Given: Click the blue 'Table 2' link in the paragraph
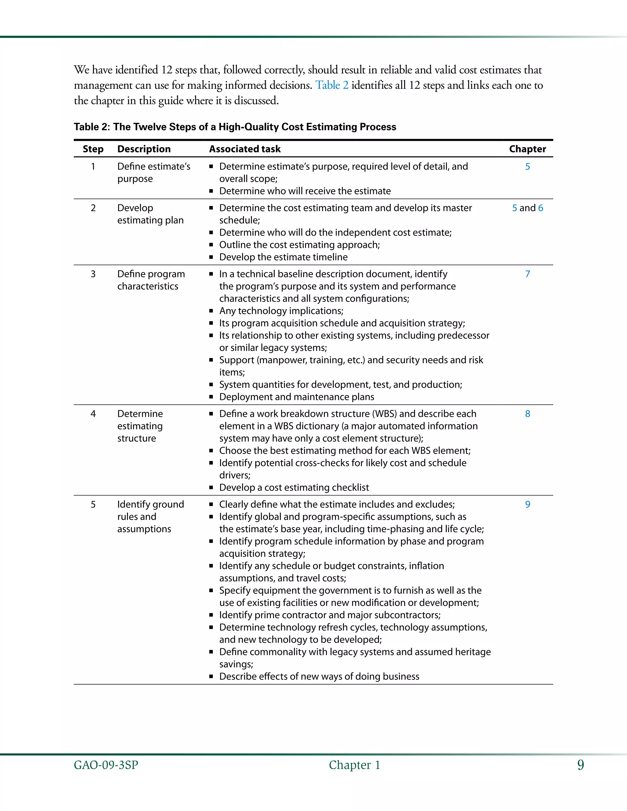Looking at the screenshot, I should coord(332,85).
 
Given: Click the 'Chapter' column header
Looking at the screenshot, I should coord(527,149).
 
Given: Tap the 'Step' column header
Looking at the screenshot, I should coord(93,149).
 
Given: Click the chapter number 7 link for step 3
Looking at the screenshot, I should coord(527,274).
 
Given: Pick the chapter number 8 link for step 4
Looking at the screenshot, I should coord(527,414).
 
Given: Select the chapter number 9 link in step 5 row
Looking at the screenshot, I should coord(527,504).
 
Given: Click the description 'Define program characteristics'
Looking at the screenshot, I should coord(151,280).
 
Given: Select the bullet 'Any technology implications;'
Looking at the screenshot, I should coord(281,311).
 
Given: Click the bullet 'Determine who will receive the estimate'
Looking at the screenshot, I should coord(305,191).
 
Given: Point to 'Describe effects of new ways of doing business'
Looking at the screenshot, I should coord(319,676).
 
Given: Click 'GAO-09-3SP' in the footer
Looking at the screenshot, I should coord(106,765).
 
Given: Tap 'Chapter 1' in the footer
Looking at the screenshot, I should coord(354,765).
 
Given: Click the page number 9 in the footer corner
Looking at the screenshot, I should coord(580,765).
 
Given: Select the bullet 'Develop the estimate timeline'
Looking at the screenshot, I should coord(283,257).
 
